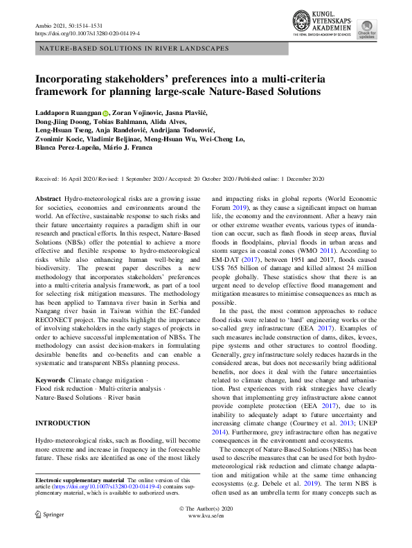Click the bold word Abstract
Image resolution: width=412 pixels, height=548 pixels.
pyautogui.click(x=48, y=198)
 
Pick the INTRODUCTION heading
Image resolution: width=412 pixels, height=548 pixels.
pyautogui.click(x=62, y=423)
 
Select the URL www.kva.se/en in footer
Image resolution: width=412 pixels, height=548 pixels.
pyautogui.click(x=206, y=516)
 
